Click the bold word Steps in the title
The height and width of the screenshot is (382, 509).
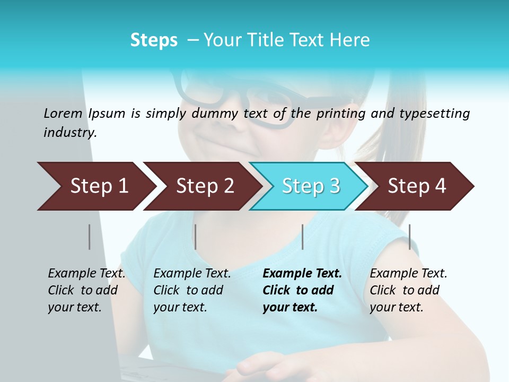pos(154,40)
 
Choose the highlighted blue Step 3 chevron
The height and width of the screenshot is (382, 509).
pos(311,186)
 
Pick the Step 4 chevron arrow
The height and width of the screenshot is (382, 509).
pos(417,186)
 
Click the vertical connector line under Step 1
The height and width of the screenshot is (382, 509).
pos(89,237)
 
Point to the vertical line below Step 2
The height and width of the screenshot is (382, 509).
pos(195,237)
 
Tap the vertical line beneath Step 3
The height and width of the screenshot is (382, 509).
pos(302,237)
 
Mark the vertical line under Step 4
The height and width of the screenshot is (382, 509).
pos(409,237)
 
